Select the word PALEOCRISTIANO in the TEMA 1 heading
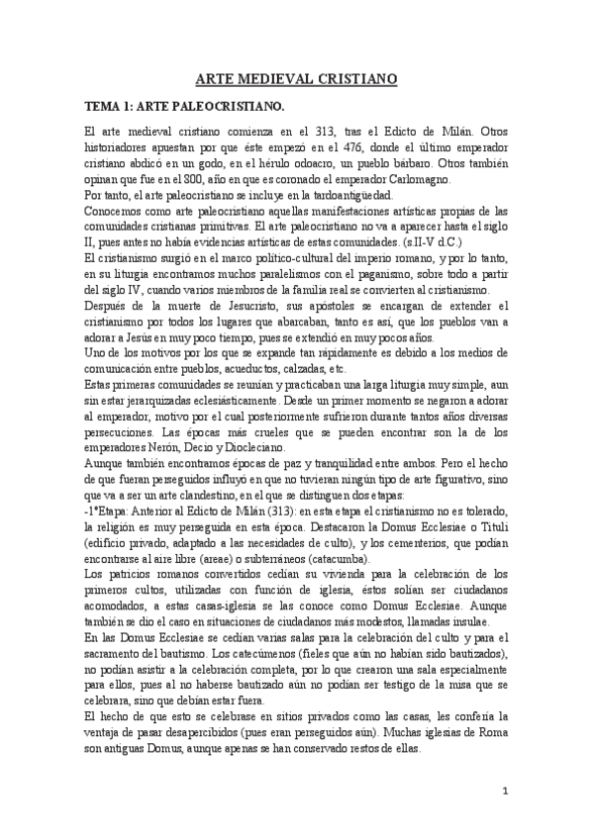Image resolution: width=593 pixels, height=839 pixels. pyautogui.click(x=228, y=104)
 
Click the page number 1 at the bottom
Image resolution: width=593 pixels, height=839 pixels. pyautogui.click(x=507, y=792)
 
